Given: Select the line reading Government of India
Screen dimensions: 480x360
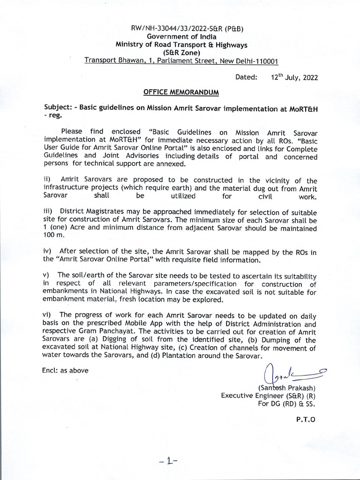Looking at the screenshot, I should (181, 37).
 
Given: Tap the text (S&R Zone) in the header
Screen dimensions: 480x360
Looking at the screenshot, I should (181, 53).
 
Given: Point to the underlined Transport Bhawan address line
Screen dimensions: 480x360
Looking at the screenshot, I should (181, 61).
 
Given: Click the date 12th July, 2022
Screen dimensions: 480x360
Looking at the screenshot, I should (294, 77).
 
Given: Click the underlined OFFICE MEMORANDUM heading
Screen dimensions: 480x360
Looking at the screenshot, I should (181, 92).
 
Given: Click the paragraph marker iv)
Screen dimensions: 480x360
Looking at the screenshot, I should (47, 252).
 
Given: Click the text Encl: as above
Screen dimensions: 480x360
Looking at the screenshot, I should (66, 370).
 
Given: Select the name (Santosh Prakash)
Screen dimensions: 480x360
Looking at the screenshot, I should (287, 388).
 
